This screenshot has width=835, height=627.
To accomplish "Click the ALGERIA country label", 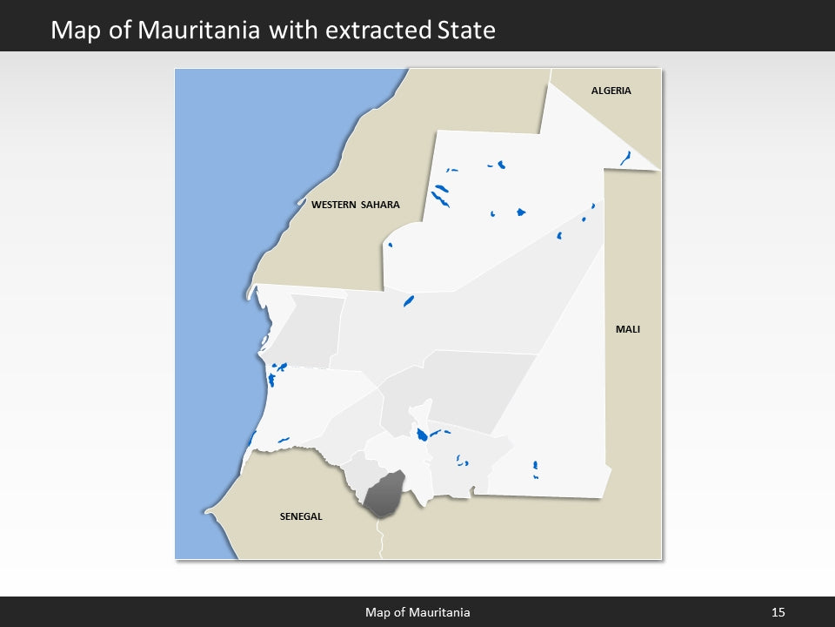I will click(611, 91).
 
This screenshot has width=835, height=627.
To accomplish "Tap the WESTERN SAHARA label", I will click(356, 205).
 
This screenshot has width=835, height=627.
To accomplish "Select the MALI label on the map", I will click(627, 329).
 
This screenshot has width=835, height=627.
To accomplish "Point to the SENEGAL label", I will click(301, 516).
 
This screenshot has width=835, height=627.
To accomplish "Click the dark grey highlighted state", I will click(384, 495).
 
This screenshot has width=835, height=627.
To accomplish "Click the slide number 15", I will click(778, 613).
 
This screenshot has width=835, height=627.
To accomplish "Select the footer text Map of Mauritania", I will click(417, 613).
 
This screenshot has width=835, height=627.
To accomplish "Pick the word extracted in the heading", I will click(377, 30).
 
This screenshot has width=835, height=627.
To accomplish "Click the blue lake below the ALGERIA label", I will click(625, 158).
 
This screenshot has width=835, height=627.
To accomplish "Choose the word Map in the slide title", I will click(74, 30).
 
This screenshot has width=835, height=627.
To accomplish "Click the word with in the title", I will click(293, 30).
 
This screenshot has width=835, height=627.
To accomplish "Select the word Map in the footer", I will click(377, 613).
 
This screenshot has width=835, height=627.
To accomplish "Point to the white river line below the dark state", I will click(381, 540).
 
